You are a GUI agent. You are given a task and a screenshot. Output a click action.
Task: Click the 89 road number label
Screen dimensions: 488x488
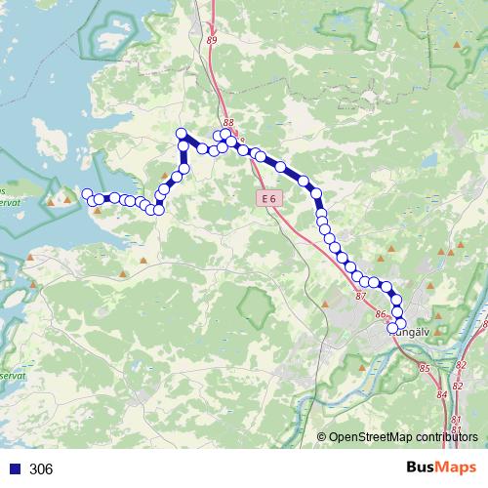pos(212,40)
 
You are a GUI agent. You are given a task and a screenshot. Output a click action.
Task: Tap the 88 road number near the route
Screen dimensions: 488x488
pos(228,123)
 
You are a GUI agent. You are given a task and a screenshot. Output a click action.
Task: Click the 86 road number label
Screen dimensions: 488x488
pos(381,314)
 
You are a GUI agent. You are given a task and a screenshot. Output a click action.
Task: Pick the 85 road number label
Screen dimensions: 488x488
pos(424,368)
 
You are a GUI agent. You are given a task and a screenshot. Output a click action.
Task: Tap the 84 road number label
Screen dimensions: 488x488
pos(442,393)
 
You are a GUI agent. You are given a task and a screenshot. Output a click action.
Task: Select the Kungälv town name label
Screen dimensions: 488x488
pos(411,331)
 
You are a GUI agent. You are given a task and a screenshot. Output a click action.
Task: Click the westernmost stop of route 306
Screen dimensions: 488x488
pos(87,193)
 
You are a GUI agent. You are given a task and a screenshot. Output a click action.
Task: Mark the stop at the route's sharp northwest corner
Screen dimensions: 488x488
pos(181,133)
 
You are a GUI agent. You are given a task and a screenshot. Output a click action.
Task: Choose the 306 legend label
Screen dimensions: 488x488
pos(41,468)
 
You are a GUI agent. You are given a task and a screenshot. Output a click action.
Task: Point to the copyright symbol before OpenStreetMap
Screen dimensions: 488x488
pos(322,436)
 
